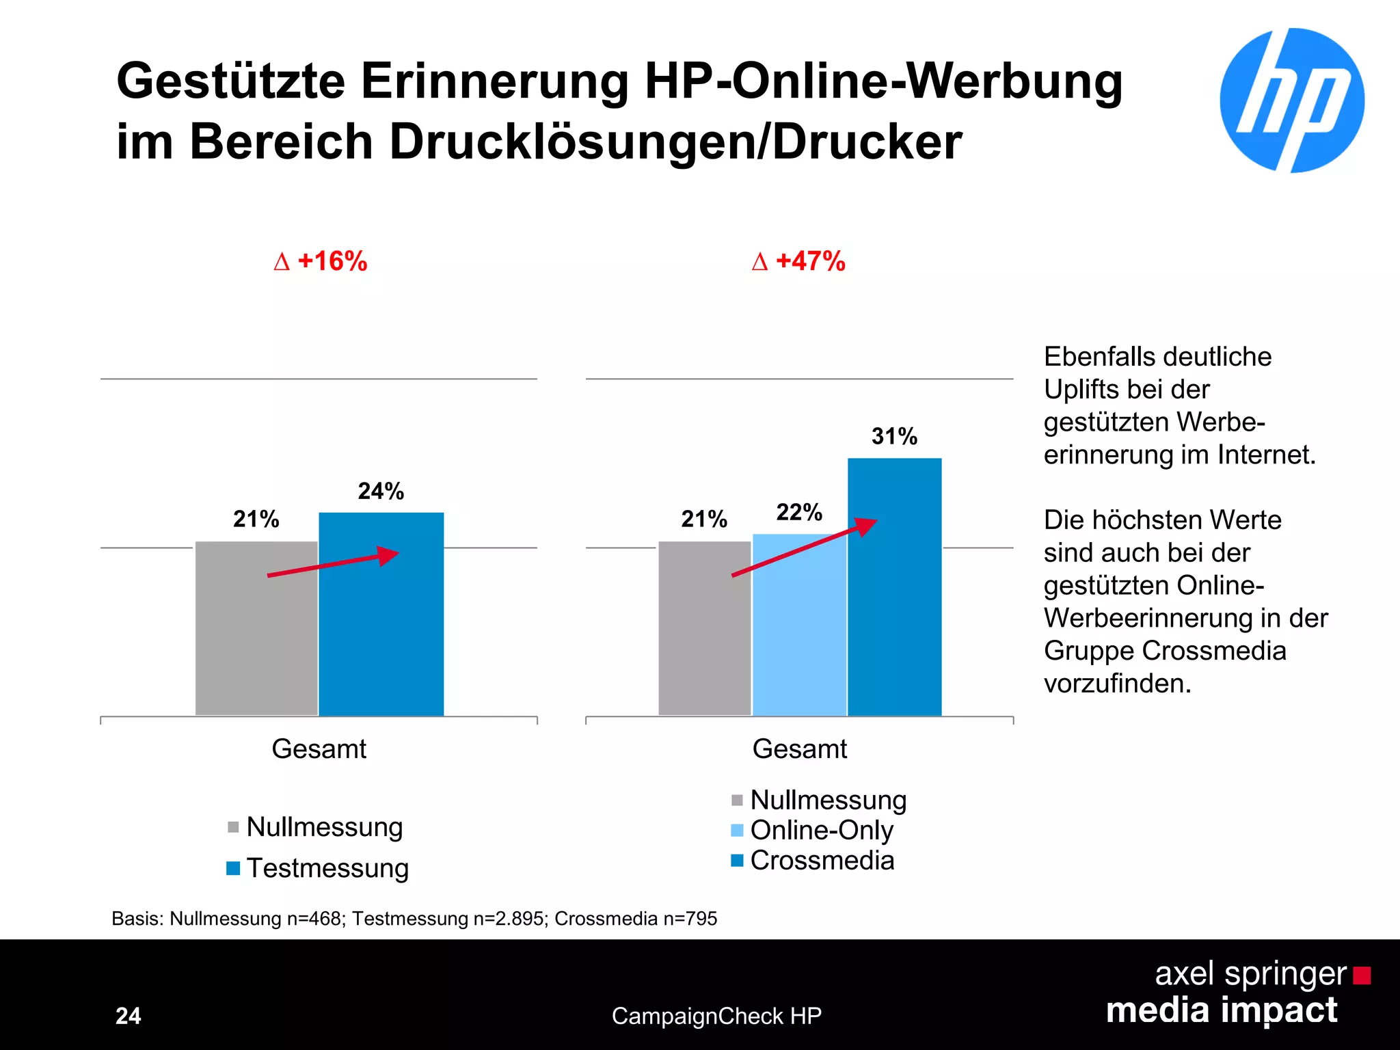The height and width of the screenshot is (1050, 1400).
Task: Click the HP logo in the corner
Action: [1292, 100]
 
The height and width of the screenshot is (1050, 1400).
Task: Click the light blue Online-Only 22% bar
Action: [799, 625]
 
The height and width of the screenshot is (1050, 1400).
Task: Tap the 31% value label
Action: [894, 436]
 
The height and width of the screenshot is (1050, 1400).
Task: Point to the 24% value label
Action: [381, 491]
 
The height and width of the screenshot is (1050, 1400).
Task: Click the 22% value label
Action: [799, 512]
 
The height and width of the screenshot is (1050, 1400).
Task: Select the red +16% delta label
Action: [321, 261]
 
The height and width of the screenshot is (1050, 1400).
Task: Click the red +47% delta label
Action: [798, 261]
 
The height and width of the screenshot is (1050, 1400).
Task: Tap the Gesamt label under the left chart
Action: [319, 749]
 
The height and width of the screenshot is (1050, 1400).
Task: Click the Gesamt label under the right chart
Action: [799, 749]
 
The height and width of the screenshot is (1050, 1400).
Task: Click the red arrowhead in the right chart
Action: [866, 526]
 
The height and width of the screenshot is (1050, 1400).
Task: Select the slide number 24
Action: [129, 1016]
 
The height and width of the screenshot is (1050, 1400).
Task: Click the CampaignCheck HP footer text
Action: [716, 1016]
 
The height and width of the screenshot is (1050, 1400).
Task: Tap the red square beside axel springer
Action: [1362, 975]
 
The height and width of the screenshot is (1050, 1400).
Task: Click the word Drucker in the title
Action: [867, 142]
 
